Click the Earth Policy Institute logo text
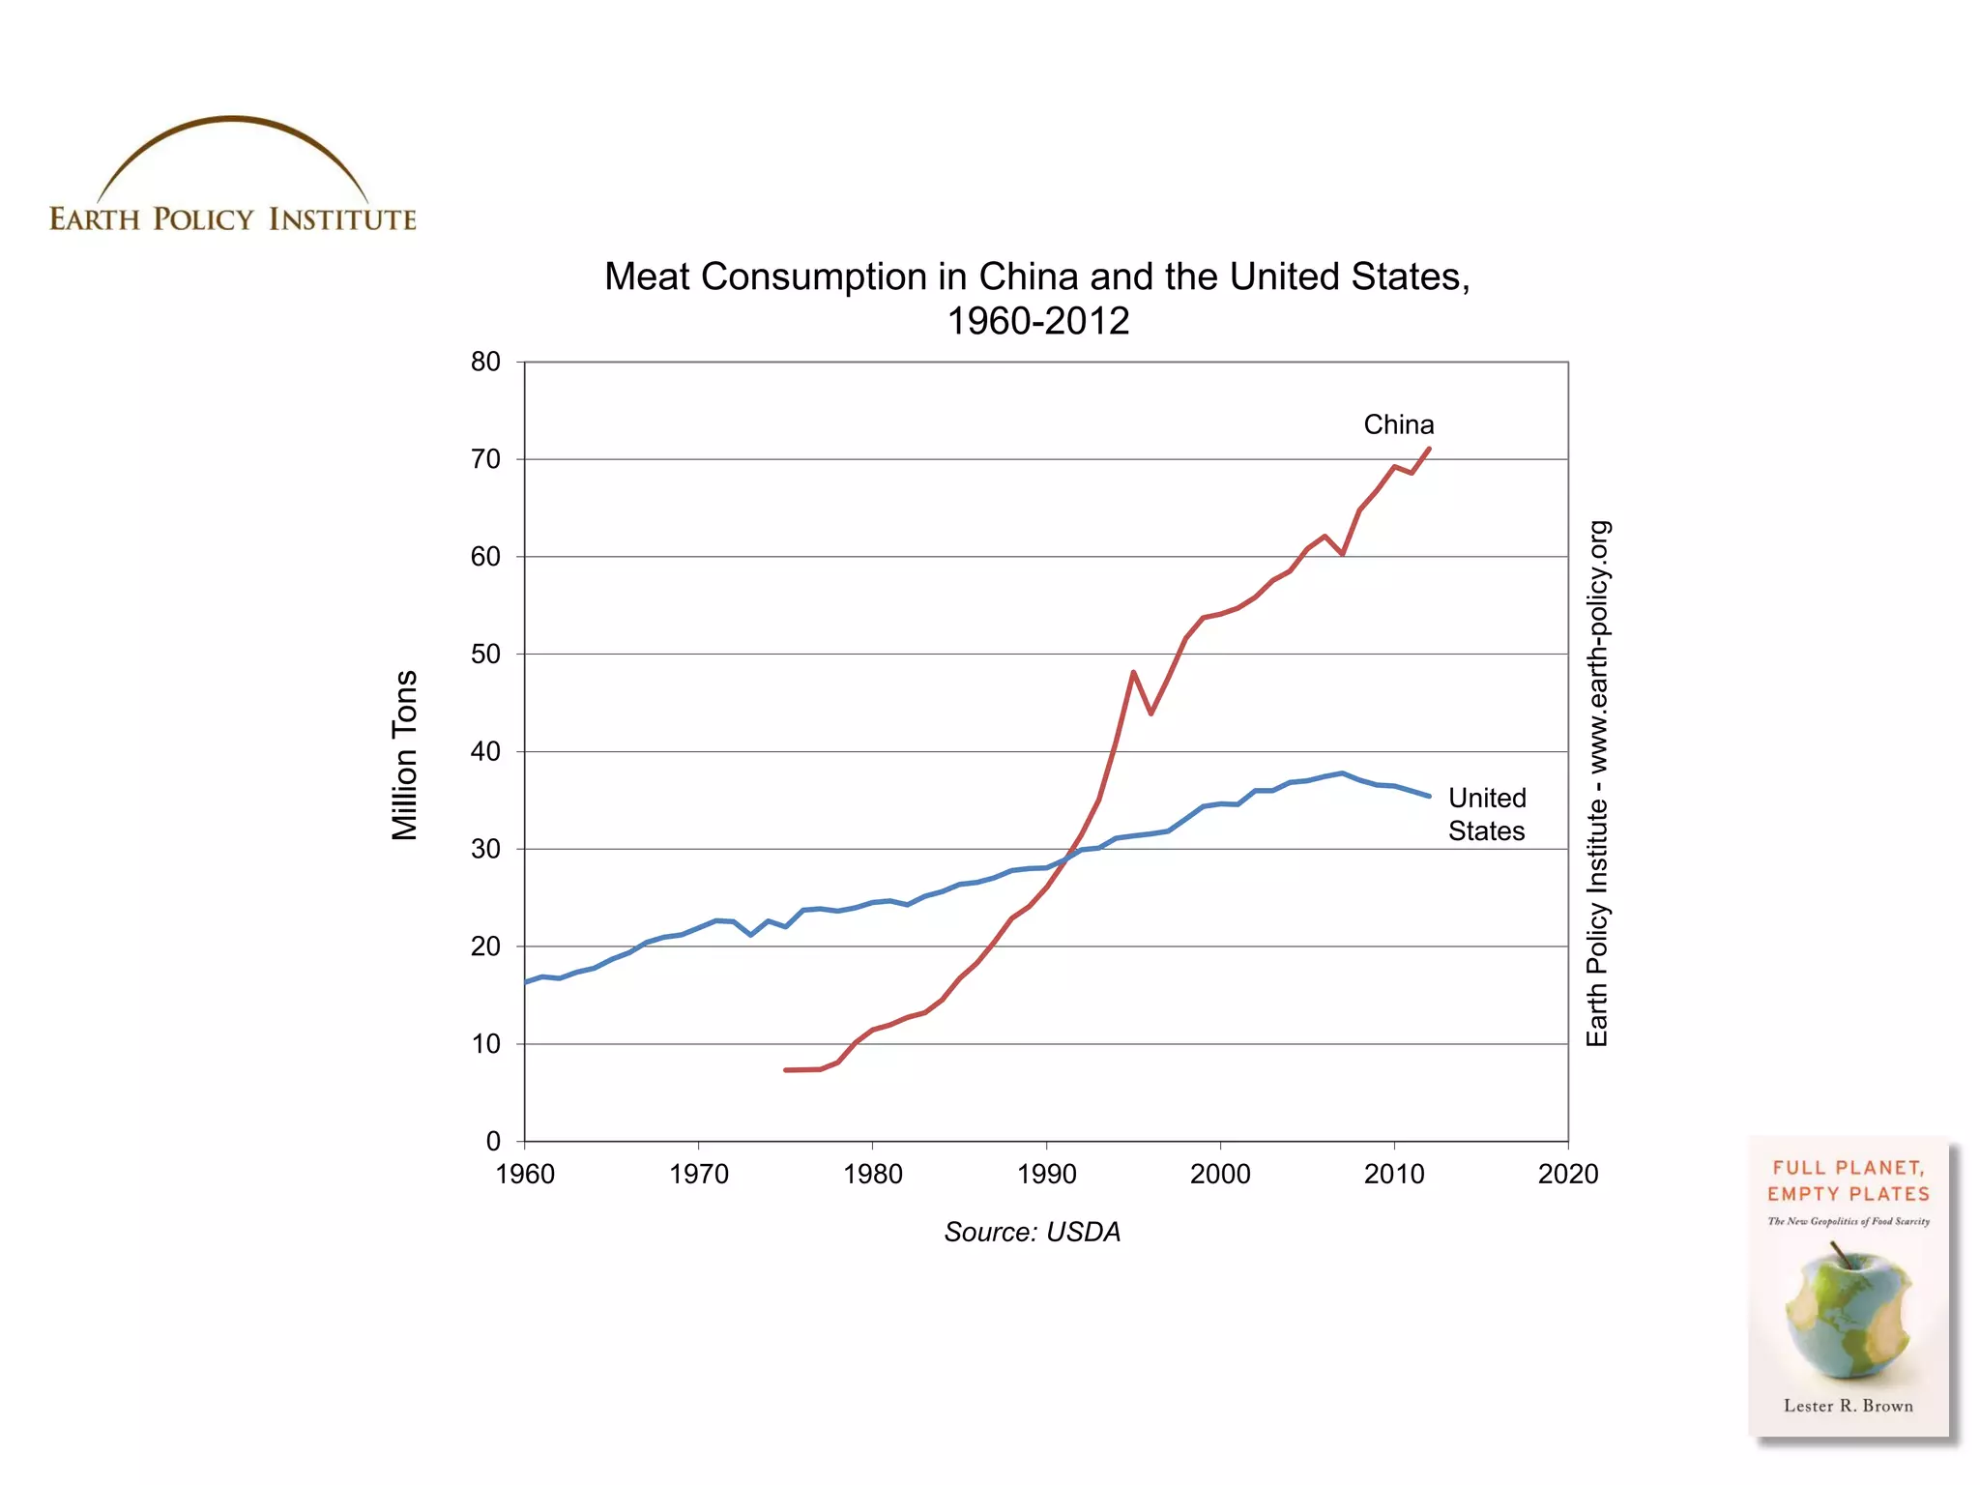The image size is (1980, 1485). (232, 219)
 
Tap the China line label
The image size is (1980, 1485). (1398, 424)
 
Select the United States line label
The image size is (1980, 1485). (1486, 814)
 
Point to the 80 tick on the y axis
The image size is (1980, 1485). (485, 362)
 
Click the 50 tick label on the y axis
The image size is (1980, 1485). (485, 655)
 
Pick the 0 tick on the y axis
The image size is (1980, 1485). (493, 1141)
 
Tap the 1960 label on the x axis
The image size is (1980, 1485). (525, 1174)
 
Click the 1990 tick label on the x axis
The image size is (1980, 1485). (1046, 1174)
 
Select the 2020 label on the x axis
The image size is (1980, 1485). (1567, 1174)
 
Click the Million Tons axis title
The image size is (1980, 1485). (405, 755)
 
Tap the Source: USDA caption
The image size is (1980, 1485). (1032, 1232)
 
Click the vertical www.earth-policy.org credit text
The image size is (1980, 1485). (1597, 783)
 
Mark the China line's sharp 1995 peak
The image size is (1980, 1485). (1133, 672)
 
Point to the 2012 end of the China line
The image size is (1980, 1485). (1429, 449)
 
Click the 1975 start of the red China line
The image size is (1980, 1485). (786, 1070)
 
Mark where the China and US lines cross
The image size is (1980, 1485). (1067, 858)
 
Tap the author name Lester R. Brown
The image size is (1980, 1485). (1848, 1406)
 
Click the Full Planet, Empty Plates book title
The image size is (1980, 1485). (1848, 1180)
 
